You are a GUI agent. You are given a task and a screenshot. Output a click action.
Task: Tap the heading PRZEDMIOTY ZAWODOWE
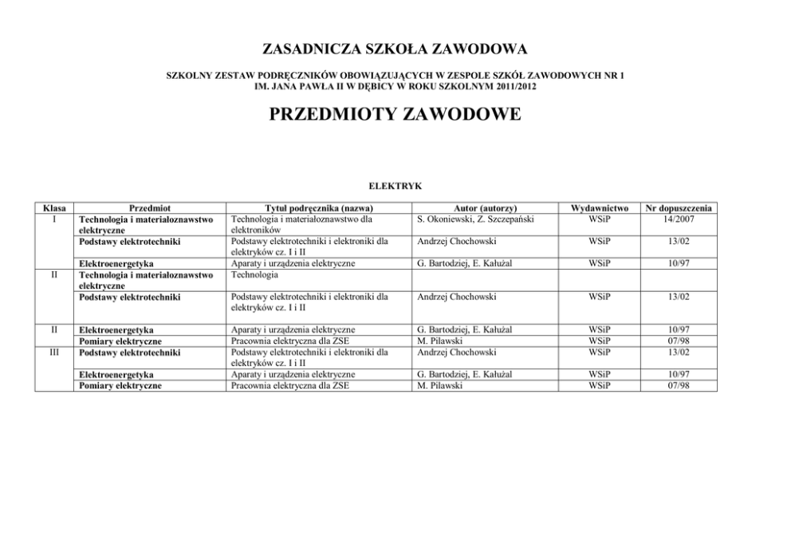tap(395, 115)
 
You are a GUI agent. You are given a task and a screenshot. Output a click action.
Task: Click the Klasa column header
tap(52, 207)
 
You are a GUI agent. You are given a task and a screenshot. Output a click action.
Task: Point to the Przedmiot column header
tap(149, 207)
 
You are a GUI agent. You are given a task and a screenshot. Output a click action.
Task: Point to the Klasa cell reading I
tap(52, 217)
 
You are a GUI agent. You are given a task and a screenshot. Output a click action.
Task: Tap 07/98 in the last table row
tap(679, 385)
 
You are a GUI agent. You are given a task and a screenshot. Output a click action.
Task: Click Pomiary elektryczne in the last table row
tap(119, 385)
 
